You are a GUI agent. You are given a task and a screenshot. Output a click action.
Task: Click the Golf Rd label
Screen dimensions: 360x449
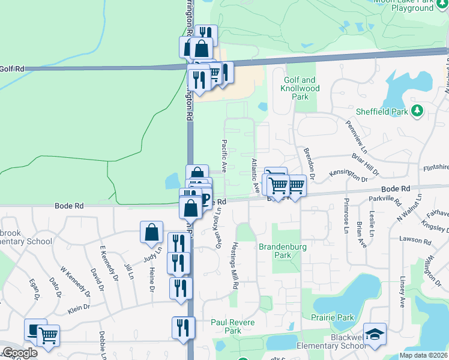12,69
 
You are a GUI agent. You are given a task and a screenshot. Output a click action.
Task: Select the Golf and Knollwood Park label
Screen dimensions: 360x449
300,88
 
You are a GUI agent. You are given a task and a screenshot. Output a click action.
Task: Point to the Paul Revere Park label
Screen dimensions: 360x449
233,326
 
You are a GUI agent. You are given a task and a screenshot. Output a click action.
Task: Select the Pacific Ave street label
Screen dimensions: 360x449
223,156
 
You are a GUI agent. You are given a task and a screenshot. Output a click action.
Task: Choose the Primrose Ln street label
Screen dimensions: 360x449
347,215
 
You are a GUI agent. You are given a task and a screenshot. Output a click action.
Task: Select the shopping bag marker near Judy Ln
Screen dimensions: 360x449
152,232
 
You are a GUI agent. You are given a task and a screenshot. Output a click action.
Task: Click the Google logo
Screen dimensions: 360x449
20,353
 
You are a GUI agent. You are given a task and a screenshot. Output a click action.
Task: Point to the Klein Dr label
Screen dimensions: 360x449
79,307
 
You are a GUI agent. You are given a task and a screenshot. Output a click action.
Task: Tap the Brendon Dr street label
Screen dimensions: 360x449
309,159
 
